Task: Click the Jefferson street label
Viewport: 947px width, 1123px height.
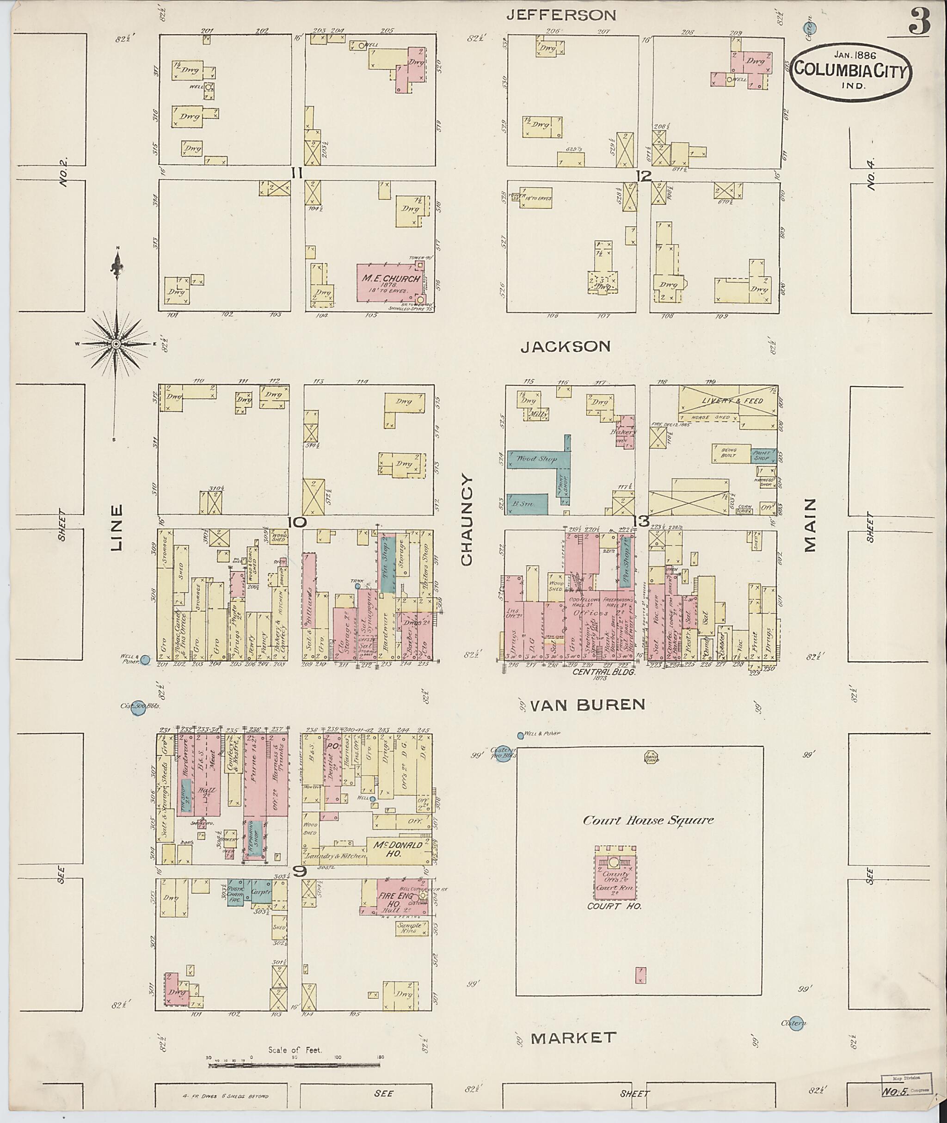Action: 561,15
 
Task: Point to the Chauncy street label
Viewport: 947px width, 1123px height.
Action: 466,520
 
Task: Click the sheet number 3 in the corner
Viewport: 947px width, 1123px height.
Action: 920,23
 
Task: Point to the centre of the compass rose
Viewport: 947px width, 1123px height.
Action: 116,344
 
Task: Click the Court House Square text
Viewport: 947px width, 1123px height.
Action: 648,820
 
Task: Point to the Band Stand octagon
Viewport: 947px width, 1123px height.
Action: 651,758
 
